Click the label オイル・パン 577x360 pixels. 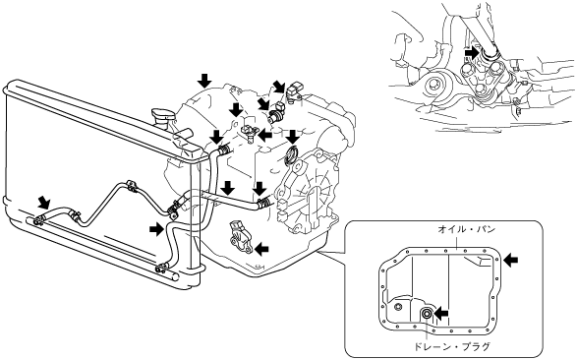(x=466, y=229)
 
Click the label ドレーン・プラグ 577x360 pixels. (x=452, y=347)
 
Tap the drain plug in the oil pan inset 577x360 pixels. (x=427, y=314)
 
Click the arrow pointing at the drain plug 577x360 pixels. (x=441, y=313)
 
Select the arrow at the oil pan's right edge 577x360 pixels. (x=511, y=261)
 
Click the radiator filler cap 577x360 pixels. (x=161, y=115)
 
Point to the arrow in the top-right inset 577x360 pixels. (x=471, y=53)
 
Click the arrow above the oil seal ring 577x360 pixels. (x=293, y=137)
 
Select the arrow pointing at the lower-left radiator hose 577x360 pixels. (x=45, y=202)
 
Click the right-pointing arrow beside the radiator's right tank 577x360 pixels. (x=156, y=229)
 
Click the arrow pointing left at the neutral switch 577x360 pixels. (x=261, y=249)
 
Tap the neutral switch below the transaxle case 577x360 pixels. (x=240, y=239)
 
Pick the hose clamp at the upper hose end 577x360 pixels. (x=223, y=150)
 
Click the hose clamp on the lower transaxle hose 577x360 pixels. (x=263, y=202)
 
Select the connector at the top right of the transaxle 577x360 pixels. (x=295, y=90)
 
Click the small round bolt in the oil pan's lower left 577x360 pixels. (x=398, y=306)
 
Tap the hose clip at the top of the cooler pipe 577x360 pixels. (x=131, y=186)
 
